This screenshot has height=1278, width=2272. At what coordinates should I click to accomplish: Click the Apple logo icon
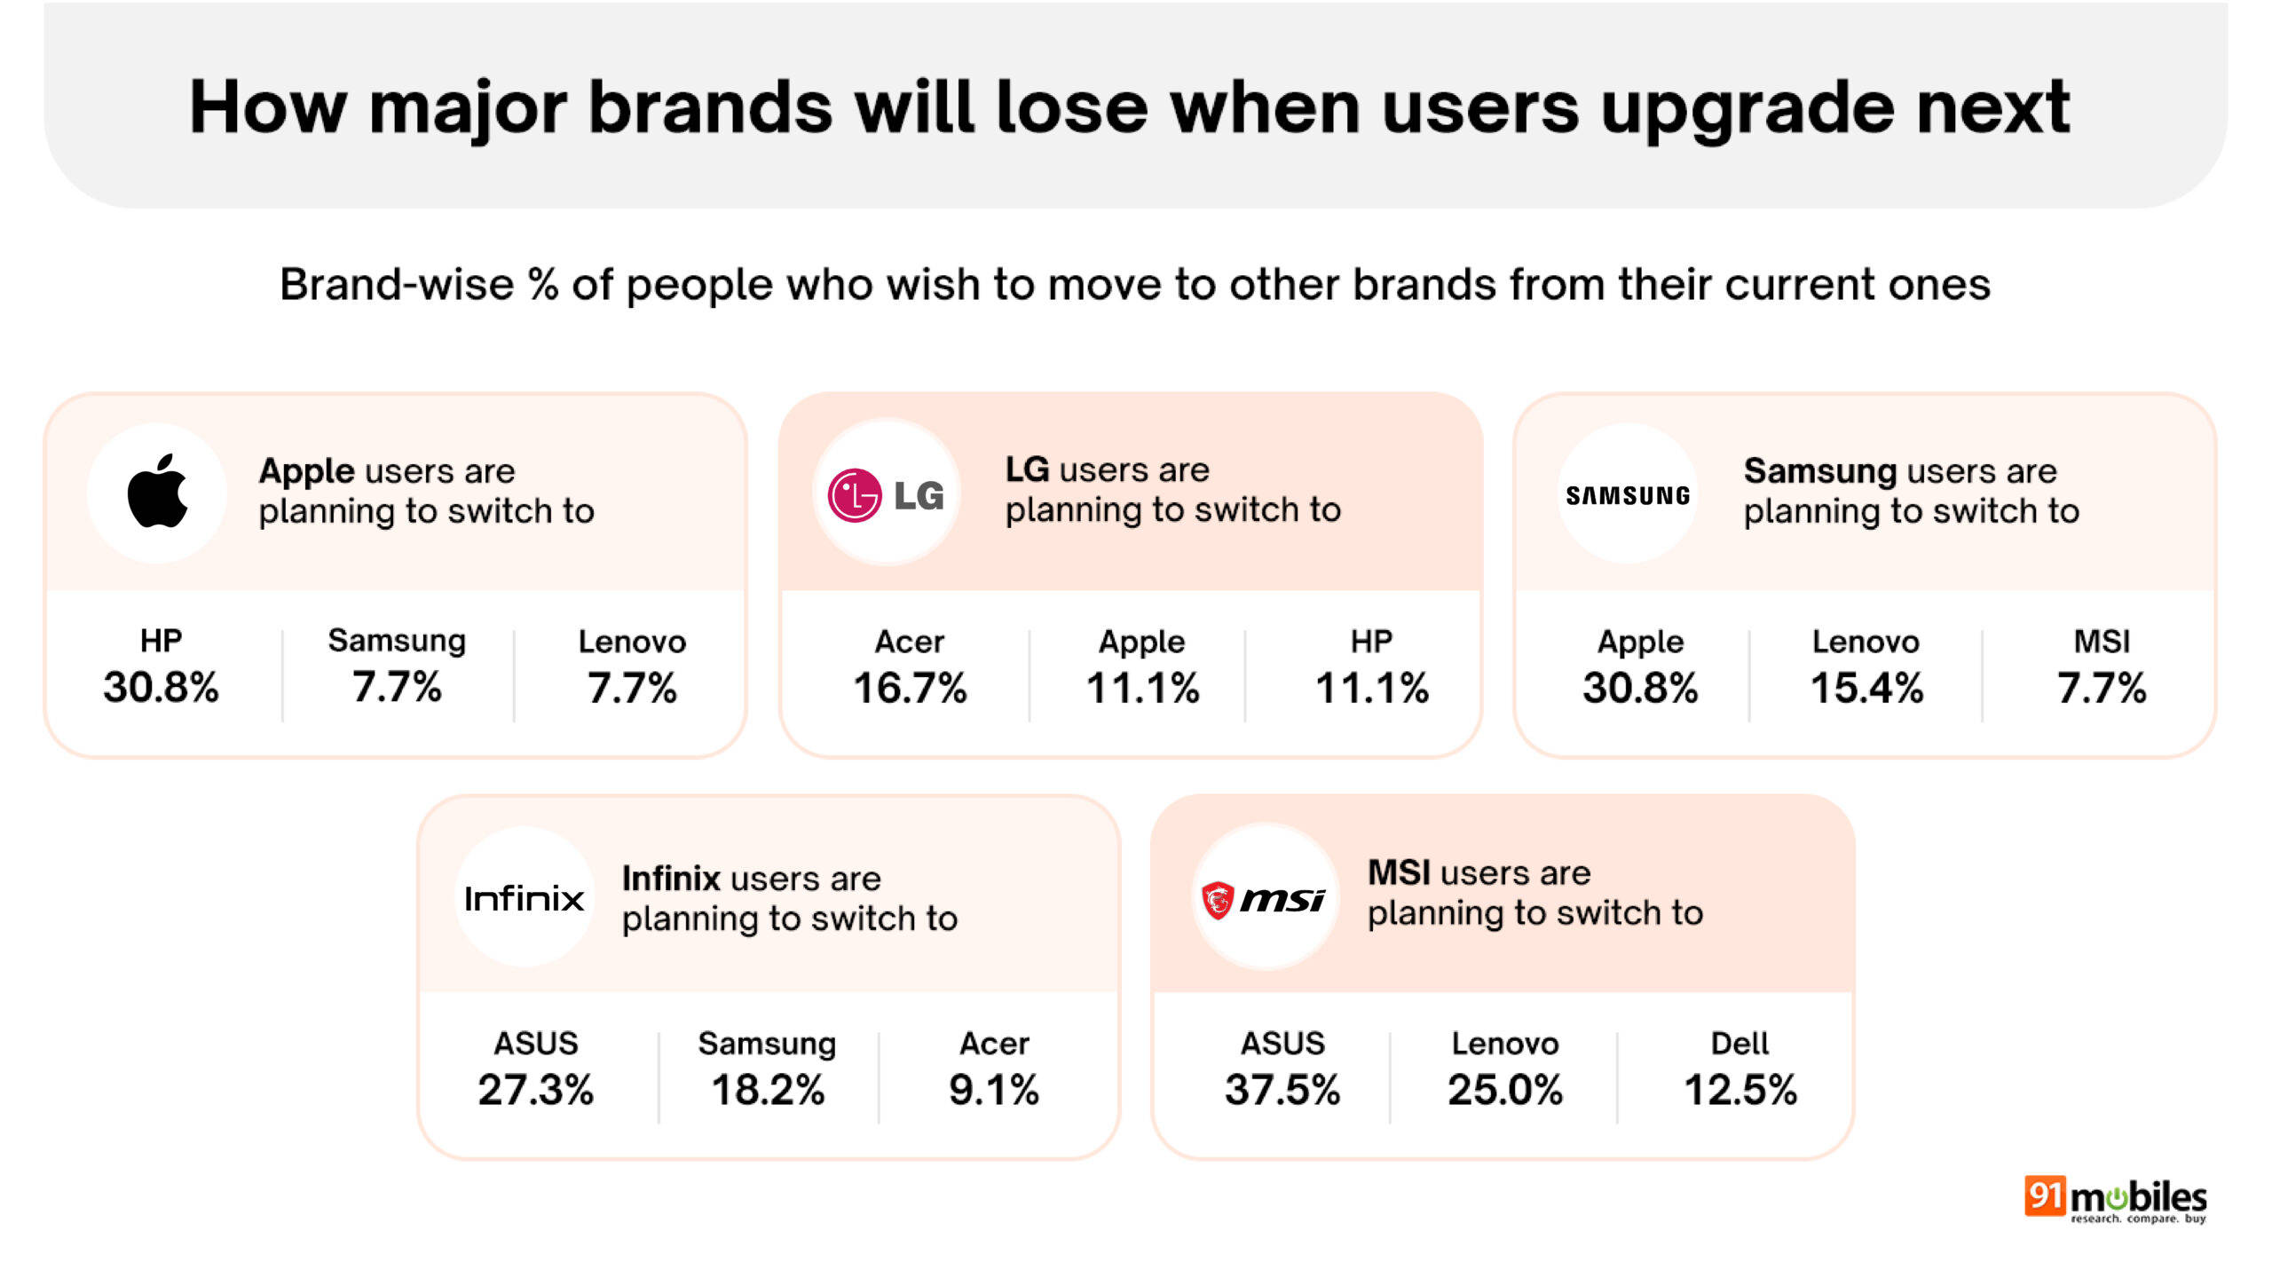[158, 492]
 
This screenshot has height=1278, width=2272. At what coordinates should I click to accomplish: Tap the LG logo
[886, 495]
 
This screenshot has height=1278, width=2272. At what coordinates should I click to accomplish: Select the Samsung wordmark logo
[1628, 495]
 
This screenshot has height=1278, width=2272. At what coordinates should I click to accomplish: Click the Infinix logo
[524, 898]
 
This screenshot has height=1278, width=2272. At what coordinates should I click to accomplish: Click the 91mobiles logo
[2115, 1200]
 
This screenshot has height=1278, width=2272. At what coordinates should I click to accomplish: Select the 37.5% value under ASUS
[1282, 1090]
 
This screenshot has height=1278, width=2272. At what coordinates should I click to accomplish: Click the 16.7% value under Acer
[910, 689]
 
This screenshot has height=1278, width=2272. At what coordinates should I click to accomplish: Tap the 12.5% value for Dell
[1740, 1090]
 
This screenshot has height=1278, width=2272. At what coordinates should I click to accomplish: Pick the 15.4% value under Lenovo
[1866, 689]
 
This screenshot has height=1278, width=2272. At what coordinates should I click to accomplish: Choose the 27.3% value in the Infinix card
[535, 1090]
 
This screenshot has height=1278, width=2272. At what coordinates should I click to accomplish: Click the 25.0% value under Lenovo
[1505, 1090]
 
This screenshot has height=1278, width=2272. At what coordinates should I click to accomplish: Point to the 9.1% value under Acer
[994, 1090]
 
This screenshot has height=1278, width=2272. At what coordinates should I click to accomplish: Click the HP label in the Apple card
[161, 641]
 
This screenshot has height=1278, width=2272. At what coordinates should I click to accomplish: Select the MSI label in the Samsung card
[2102, 641]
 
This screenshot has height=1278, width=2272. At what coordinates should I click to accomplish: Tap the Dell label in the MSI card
[1739, 1043]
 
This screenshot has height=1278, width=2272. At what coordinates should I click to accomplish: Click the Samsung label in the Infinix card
[767, 1045]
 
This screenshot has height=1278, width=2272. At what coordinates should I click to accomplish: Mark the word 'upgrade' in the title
[1746, 111]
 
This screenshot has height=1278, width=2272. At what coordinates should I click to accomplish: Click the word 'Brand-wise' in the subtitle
[397, 285]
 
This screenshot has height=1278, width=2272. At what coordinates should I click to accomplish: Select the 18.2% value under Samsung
[768, 1090]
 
